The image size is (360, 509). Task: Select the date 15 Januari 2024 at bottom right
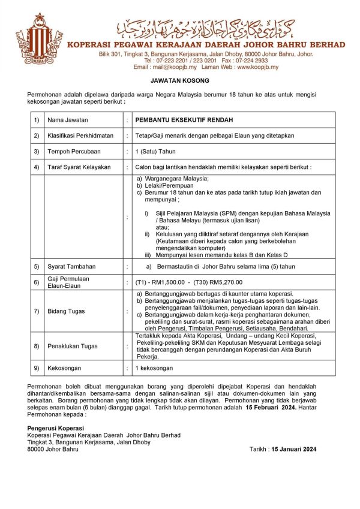click(293, 448)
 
